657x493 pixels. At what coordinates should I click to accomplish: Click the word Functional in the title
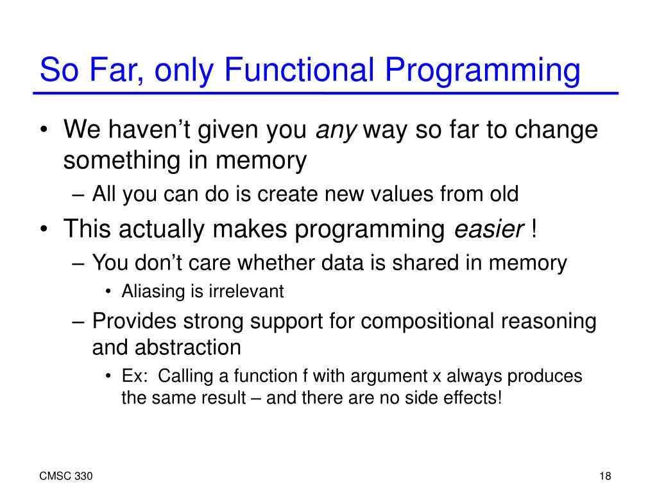tap(299, 69)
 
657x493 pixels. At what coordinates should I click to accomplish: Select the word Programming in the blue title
tap(482, 71)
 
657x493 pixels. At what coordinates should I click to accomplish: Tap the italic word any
tap(336, 131)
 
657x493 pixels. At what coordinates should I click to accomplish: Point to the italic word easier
tap(489, 229)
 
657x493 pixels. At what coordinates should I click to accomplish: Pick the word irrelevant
tap(246, 291)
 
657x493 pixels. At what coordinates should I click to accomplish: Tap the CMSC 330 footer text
tap(66, 476)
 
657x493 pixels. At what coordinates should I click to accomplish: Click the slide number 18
tap(605, 476)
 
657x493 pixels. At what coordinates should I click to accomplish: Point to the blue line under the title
tap(325, 93)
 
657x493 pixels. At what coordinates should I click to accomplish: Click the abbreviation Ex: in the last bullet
tap(135, 376)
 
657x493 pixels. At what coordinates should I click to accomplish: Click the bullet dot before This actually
tap(44, 230)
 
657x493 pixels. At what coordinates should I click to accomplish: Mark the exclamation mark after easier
tap(533, 229)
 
